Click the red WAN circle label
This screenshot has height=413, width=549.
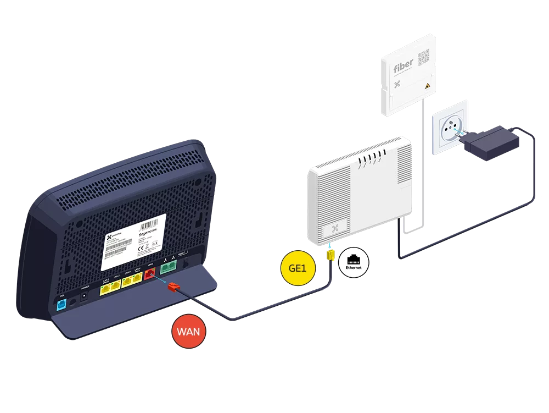[189, 331]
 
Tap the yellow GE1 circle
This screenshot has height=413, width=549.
[298, 268]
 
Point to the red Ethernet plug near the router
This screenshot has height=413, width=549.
[173, 287]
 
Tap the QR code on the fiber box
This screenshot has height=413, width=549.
[424, 57]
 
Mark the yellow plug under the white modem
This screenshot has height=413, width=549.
[330, 255]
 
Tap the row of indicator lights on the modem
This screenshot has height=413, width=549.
[371, 161]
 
